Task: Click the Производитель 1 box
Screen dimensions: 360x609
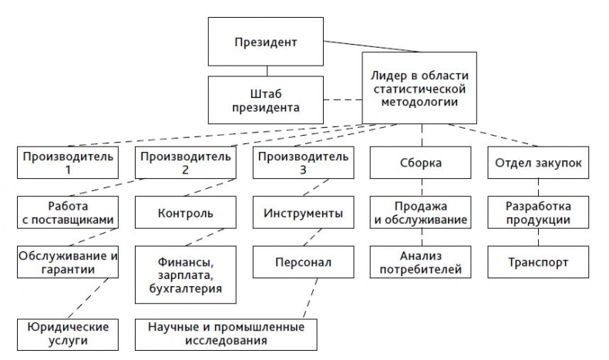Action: [69, 163]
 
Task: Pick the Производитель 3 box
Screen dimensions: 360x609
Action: [303, 163]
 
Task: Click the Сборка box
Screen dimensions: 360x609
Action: [421, 163]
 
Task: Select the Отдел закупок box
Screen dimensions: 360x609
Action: [538, 163]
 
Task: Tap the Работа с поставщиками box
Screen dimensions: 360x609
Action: [69, 213]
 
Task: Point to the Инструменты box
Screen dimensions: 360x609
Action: [303, 213]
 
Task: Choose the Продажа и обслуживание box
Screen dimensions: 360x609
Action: [421, 213]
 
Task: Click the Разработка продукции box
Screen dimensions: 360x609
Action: [538, 213]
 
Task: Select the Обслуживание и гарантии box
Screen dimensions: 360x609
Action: [69, 262]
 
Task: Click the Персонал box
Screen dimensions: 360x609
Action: [303, 262]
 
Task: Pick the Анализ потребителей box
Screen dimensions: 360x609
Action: [421, 262]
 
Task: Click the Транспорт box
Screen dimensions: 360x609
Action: [538, 262]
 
